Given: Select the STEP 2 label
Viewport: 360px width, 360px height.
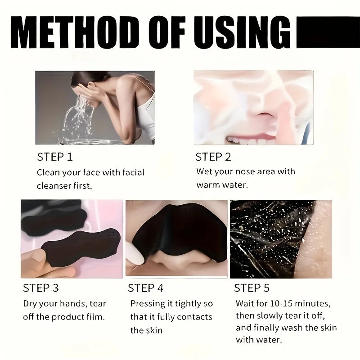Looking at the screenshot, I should coord(213,157).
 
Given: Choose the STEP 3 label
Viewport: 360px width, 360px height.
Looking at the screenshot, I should coord(40,288).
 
